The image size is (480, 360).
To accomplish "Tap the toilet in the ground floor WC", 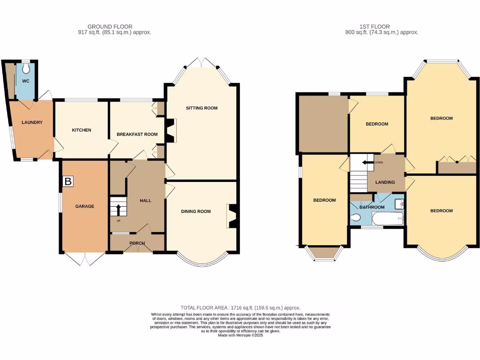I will (26, 69).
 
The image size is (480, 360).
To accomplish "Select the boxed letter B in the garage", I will (68, 181).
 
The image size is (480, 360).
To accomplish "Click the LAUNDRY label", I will (32, 123).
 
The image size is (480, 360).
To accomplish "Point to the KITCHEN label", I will (81, 130).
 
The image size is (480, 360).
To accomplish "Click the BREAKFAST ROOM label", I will (137, 135).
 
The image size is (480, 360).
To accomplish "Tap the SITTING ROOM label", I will (202, 108).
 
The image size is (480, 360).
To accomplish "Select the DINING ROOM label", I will (196, 211).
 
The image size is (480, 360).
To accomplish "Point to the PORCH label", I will (137, 243).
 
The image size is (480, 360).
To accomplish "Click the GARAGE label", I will (85, 206).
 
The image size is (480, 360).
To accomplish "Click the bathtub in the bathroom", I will (387, 219).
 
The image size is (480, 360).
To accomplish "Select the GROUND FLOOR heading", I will (110, 27).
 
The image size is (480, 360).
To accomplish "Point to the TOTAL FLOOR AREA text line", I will (240, 307).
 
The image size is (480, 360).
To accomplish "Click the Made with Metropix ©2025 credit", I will (240, 335).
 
